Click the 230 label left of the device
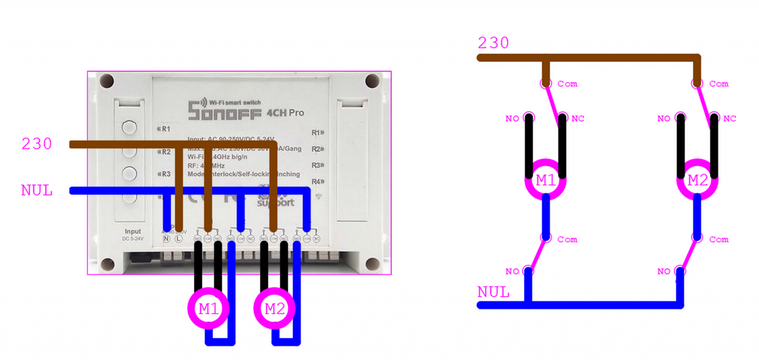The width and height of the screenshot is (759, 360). pyautogui.click(x=37, y=144)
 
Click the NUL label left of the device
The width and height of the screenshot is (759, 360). pyautogui.click(x=37, y=190)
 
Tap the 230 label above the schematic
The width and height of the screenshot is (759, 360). pyautogui.click(x=493, y=43)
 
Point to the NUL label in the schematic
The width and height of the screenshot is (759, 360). pyautogui.click(x=493, y=292)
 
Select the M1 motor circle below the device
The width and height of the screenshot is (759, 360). pyautogui.click(x=208, y=309)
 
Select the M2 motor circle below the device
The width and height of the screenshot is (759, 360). pyautogui.click(x=275, y=309)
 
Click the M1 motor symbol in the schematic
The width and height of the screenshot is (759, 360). pyautogui.click(x=546, y=180)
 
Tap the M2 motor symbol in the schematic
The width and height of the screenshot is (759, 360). pyautogui.click(x=697, y=180)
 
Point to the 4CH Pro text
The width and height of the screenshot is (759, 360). pyautogui.click(x=285, y=113)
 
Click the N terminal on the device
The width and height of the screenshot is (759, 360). pyautogui.click(x=166, y=239)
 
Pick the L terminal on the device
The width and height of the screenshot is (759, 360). pyautogui.click(x=179, y=239)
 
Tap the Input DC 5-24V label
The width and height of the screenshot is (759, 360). pyautogui.click(x=133, y=234)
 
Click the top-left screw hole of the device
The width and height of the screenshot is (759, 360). pyautogui.click(x=107, y=81)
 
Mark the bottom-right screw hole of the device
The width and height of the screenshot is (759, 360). pyautogui.click(x=372, y=264)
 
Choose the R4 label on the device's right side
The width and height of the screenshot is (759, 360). pyautogui.click(x=317, y=182)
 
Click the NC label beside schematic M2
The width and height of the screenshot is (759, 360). pyautogui.click(x=729, y=119)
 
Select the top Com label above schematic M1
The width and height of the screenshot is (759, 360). pyautogui.click(x=567, y=84)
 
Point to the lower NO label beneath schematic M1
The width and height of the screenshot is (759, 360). pyautogui.click(x=512, y=271)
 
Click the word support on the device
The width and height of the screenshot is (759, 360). pyautogui.click(x=276, y=202)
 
